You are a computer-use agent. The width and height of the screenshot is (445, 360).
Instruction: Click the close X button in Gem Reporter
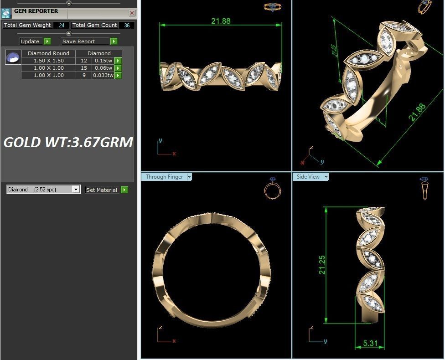(x=132, y=13)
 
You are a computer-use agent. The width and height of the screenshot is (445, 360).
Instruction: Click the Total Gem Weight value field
(x=61, y=26)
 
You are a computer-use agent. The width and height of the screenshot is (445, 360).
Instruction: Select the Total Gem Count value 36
(x=126, y=26)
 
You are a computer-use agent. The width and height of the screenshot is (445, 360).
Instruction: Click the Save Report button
(x=85, y=41)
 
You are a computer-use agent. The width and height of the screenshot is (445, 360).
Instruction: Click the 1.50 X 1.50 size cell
(x=48, y=61)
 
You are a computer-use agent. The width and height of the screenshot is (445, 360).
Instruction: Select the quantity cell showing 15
(x=83, y=68)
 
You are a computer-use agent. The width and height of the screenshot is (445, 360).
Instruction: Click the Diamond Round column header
(x=48, y=53)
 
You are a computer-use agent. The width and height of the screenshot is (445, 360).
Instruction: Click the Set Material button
(x=102, y=190)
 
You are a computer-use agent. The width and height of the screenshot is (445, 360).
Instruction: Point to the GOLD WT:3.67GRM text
(x=68, y=142)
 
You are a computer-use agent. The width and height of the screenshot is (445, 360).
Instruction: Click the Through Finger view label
(x=164, y=177)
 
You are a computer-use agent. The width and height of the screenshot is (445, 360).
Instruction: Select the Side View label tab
(x=308, y=177)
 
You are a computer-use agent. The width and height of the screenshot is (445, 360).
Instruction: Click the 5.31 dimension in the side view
(x=370, y=343)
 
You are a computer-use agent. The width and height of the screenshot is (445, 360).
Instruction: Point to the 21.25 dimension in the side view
(x=322, y=265)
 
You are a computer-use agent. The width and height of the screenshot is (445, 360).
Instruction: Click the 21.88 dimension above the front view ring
(x=221, y=21)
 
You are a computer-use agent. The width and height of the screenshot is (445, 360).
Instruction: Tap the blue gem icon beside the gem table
(x=13, y=58)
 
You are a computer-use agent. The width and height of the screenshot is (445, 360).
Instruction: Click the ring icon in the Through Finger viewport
(x=272, y=188)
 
